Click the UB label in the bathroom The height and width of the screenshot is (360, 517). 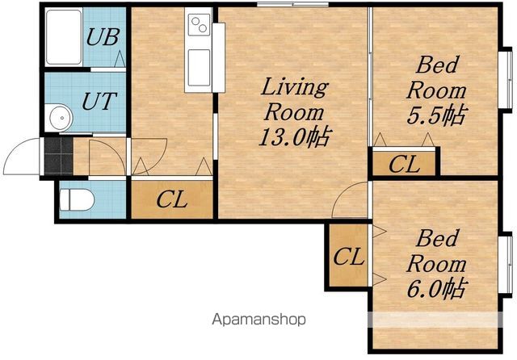[x=103, y=37]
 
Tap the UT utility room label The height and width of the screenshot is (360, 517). [x=99, y=101]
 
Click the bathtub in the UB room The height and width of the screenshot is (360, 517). [x=64, y=37]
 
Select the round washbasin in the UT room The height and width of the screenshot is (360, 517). [x=61, y=118]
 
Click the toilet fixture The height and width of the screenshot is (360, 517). [x=77, y=199]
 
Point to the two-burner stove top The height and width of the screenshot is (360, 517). [x=200, y=25]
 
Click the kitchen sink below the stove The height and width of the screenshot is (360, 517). [x=199, y=68]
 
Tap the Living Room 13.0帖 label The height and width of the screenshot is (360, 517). [x=294, y=112]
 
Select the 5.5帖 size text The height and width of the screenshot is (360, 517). [x=436, y=115]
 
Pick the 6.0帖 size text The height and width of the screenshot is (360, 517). [x=436, y=288]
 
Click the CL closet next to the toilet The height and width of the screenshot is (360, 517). [x=172, y=199]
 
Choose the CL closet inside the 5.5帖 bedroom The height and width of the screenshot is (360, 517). [x=405, y=164]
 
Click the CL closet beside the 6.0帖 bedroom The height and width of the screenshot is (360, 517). [x=349, y=256]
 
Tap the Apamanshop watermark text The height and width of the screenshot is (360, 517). [x=258, y=320]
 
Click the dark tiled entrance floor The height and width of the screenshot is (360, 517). [x=58, y=156]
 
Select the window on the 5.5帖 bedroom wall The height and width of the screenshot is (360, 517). [x=506, y=80]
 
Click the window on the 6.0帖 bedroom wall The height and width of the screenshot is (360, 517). [x=506, y=264]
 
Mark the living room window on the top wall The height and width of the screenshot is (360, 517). [x=292, y=4]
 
